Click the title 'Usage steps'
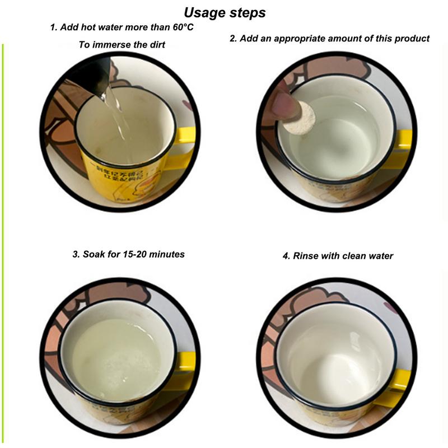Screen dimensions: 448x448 tap(225, 12)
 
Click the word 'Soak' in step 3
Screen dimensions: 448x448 tap(94, 254)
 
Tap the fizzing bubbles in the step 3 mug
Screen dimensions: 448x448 tap(120, 364)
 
